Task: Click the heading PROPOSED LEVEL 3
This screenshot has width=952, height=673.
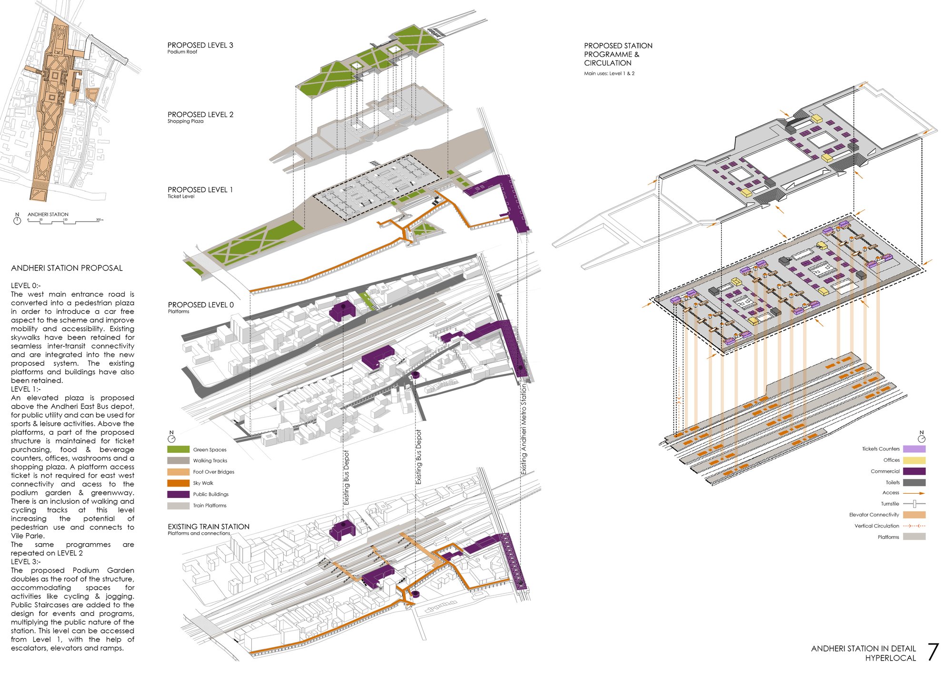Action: tap(200, 45)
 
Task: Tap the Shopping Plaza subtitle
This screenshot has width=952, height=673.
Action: tap(186, 121)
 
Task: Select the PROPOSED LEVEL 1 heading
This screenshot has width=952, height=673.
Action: tap(200, 190)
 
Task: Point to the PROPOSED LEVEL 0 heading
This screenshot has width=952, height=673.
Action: tap(201, 305)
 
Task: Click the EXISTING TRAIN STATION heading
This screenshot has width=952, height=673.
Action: tap(208, 527)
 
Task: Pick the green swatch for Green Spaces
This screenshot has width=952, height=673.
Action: tap(178, 449)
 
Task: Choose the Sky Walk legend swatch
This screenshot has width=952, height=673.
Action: tap(178, 483)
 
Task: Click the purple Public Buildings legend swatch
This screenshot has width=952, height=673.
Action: tap(178, 494)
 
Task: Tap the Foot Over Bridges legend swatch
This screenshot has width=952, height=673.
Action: tap(178, 472)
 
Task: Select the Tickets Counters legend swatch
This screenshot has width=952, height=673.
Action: tap(914, 449)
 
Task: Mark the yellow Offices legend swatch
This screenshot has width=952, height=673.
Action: tap(914, 460)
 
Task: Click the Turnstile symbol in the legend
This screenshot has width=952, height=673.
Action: tap(914, 504)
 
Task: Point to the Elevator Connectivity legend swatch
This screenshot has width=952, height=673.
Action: tap(914, 515)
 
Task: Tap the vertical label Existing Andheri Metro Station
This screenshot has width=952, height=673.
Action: tap(524, 429)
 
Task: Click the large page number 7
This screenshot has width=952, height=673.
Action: tap(933, 652)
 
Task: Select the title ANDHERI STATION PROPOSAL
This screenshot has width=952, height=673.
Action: tap(67, 268)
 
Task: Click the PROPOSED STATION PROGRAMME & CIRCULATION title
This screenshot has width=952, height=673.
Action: tap(618, 54)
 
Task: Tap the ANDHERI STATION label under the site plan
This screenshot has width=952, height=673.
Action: tap(48, 215)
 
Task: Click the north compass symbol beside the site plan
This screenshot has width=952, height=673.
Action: tap(18, 220)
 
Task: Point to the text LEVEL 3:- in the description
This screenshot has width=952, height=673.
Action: tap(26, 562)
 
